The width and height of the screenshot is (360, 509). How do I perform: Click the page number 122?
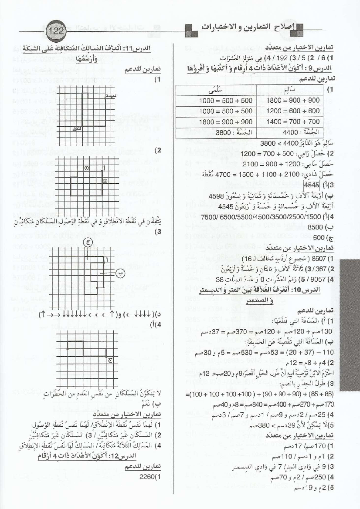[x=56, y=32]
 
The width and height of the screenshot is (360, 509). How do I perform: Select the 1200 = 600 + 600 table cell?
[x=293, y=111]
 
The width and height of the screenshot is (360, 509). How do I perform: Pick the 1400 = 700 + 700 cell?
[x=293, y=122]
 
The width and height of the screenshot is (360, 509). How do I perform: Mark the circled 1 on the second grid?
[x=86, y=168]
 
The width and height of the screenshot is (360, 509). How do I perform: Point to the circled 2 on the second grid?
[x=105, y=181]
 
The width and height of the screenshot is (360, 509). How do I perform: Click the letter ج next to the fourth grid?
[x=110, y=359]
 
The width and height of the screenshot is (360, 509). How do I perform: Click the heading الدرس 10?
[x=319, y=290]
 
